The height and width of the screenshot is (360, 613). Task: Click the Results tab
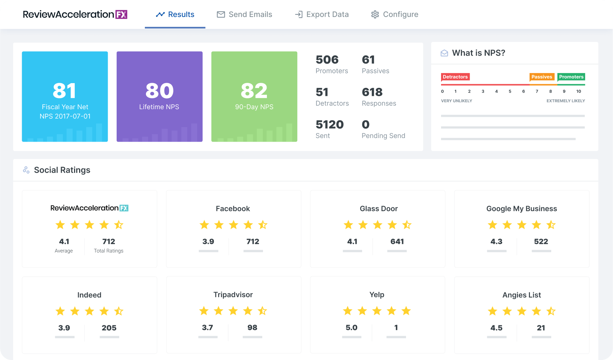(175, 14)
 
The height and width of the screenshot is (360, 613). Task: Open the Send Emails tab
(245, 14)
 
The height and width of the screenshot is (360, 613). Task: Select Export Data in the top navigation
(322, 14)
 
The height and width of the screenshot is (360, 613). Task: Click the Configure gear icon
(375, 14)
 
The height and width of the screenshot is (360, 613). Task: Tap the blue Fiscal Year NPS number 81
(65, 90)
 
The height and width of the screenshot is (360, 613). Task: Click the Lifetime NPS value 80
(159, 90)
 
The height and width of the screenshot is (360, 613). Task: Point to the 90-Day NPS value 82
(254, 90)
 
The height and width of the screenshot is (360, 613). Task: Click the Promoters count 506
(327, 60)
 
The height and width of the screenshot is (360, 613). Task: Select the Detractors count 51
(322, 92)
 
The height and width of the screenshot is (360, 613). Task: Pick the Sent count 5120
(329, 125)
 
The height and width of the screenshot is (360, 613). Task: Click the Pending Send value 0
(366, 125)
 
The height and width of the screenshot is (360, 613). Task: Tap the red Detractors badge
(455, 77)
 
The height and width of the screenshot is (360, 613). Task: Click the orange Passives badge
(541, 77)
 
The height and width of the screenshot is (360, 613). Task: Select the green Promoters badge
(571, 77)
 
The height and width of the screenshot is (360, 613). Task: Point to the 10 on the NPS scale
(578, 91)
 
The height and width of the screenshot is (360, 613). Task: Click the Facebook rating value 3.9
(208, 241)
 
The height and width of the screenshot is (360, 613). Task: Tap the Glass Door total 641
(397, 241)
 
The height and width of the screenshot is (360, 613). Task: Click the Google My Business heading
(522, 209)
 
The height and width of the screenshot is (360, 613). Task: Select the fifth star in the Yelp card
(406, 311)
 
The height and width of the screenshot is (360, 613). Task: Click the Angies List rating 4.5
(496, 328)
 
